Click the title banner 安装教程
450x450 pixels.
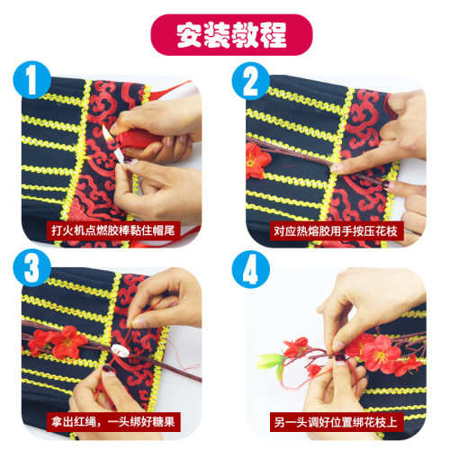coord(231,35)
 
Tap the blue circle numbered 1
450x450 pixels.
coord(31,80)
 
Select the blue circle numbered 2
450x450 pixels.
coord(250,81)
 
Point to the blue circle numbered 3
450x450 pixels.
coord(31,267)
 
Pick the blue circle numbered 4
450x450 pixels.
coord(250,269)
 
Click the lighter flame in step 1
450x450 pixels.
coord(107,134)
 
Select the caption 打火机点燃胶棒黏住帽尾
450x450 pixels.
coord(113,230)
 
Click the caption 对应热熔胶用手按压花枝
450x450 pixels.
coord(336,231)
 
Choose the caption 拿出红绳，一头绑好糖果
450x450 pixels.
coord(113,422)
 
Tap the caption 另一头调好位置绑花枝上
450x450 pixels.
coord(336,422)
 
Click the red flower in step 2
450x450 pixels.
coord(256,160)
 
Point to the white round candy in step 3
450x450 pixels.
coord(121,350)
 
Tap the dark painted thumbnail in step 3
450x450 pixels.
coord(108,369)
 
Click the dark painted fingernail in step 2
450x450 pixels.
coord(386,184)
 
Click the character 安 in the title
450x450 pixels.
coord(189,35)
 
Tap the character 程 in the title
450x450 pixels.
coord(274,35)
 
